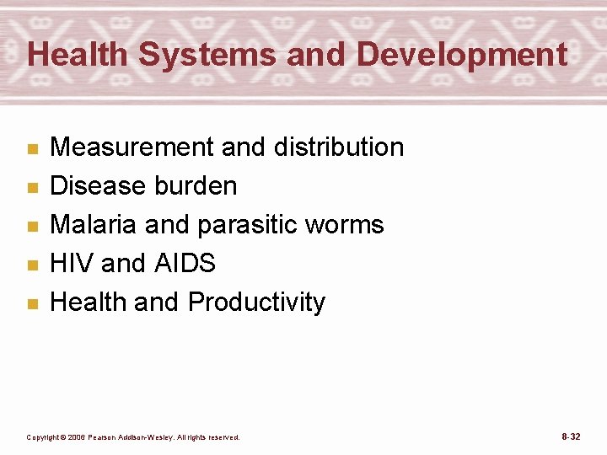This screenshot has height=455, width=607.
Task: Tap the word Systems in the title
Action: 207,55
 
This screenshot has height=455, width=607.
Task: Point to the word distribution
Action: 338,147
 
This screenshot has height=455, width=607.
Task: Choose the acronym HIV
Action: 72,264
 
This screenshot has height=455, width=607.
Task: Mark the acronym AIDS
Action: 185,264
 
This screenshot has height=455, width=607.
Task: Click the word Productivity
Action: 256,302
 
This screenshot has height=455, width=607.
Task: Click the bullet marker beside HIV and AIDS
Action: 32,265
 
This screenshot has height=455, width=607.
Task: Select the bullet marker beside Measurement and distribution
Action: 32,149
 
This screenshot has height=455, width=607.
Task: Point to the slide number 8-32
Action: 570,436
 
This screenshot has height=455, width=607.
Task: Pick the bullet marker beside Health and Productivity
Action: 32,304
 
